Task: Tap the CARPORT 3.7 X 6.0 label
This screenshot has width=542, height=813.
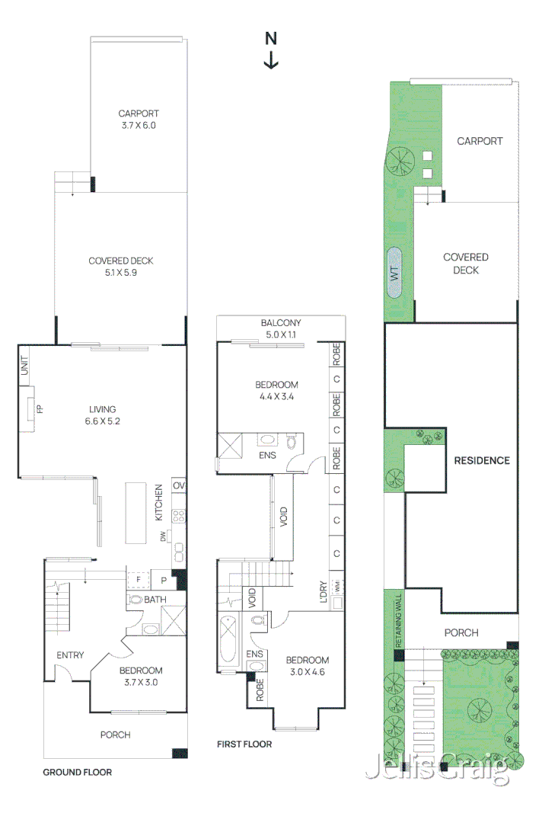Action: click(x=139, y=120)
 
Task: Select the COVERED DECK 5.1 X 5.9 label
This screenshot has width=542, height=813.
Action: click(x=121, y=267)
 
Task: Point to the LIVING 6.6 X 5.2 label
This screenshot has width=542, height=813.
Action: click(x=102, y=415)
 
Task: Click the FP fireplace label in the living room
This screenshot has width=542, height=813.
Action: click(x=40, y=409)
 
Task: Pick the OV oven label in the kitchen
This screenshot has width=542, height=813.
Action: click(x=179, y=486)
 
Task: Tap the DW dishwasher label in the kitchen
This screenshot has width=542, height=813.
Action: click(x=163, y=536)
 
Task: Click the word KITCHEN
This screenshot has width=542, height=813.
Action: click(x=158, y=502)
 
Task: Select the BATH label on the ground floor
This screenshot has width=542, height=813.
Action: click(x=155, y=600)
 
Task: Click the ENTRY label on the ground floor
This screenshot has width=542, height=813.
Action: click(x=70, y=655)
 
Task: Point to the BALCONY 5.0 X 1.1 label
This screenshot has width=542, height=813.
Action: click(x=281, y=328)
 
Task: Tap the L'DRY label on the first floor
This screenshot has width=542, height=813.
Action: click(x=324, y=591)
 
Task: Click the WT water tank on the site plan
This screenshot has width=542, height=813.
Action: click(x=394, y=274)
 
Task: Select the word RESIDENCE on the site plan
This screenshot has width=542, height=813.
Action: click(x=482, y=460)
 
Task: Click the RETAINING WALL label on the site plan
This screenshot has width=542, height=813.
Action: click(x=398, y=620)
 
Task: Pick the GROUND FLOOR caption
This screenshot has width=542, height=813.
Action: click(x=77, y=772)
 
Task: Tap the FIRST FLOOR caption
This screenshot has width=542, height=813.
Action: click(x=244, y=744)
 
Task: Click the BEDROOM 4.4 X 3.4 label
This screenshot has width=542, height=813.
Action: click(x=276, y=390)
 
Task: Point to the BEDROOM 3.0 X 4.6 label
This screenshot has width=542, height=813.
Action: click(x=308, y=666)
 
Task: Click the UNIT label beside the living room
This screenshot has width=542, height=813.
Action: click(x=24, y=365)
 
